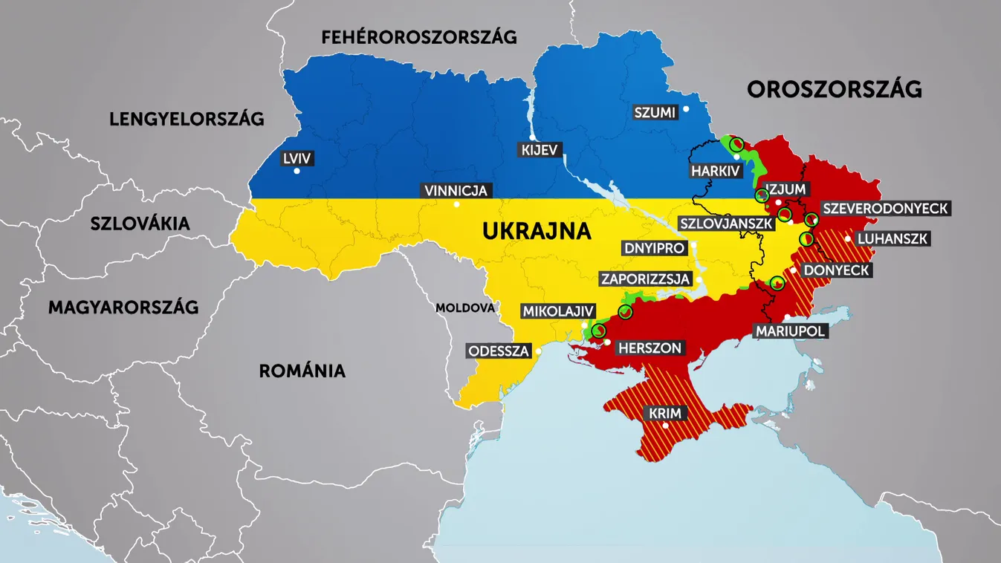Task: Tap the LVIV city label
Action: click(297, 158)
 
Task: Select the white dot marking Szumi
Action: click(686, 109)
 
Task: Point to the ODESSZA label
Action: click(499, 351)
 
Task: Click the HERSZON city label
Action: click(649, 348)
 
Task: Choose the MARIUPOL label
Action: click(791, 331)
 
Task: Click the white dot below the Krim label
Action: click(666, 426)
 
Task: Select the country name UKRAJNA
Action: click(537, 231)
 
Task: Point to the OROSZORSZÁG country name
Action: click(834, 90)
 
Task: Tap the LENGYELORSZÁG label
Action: click(187, 119)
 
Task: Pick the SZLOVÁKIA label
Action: click(140, 224)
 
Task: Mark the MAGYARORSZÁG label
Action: click(123, 307)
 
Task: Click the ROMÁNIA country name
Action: click(302, 371)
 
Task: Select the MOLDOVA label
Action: click(465, 307)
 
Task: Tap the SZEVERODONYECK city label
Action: click(885, 209)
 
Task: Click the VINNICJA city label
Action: click(456, 191)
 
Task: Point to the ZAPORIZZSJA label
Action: click(646, 279)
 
